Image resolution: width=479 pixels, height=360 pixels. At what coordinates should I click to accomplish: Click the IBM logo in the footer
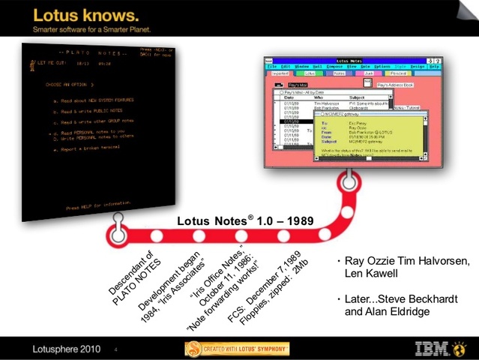(438, 347)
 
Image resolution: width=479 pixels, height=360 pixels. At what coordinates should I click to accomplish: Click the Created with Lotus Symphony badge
(238, 348)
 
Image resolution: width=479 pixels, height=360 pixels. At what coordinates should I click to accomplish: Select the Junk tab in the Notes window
(367, 74)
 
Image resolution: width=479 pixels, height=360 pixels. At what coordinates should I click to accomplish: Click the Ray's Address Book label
(397, 85)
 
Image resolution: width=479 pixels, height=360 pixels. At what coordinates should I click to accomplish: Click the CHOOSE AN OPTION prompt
(70, 85)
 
